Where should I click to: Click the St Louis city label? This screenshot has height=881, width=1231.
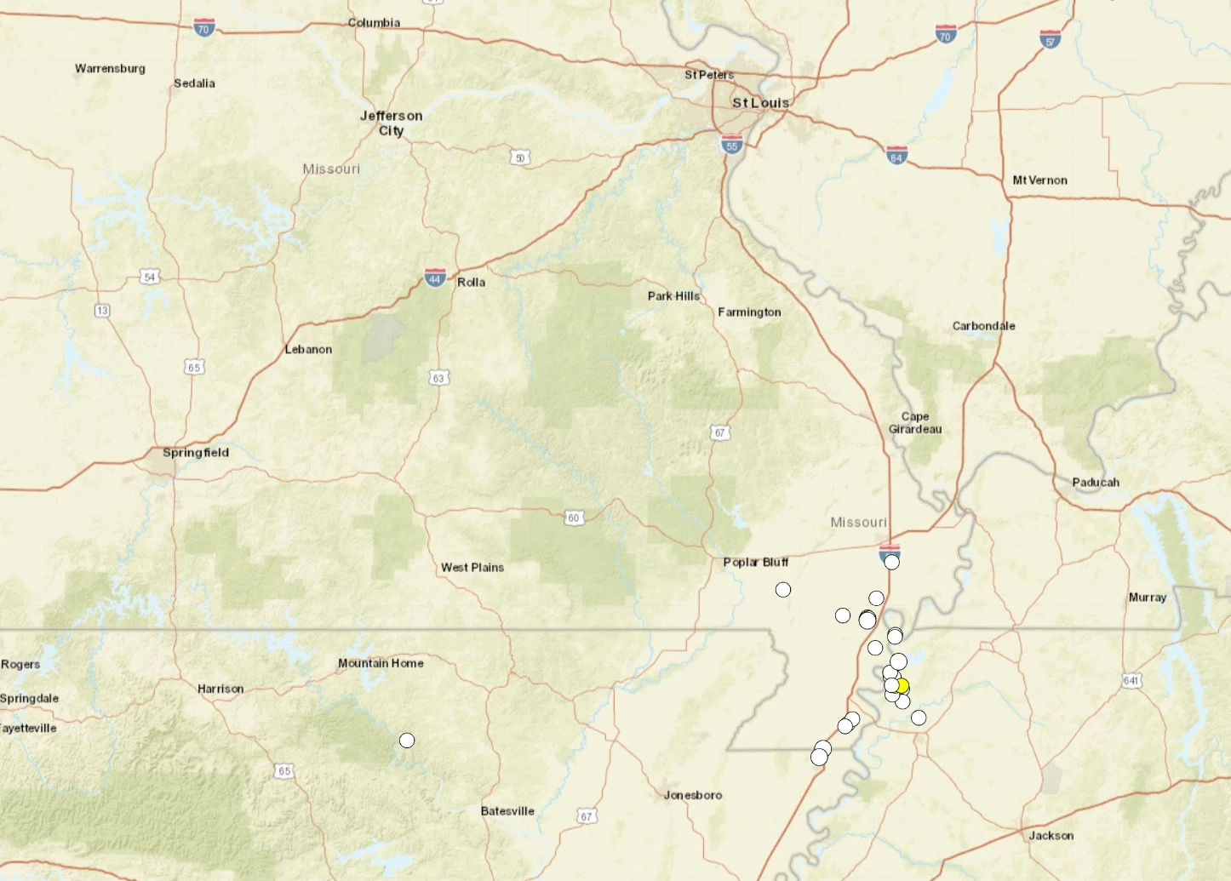(x=760, y=103)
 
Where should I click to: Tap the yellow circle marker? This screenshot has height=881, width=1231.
(x=902, y=686)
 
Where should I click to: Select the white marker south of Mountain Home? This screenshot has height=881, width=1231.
(x=407, y=741)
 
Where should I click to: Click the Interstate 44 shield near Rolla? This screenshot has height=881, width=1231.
(x=435, y=278)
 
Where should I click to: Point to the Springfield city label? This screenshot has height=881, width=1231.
(x=195, y=453)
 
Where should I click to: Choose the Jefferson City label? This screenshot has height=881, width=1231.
(x=391, y=123)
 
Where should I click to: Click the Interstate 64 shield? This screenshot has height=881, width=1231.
(x=896, y=157)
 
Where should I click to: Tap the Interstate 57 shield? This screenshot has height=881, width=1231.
(x=1051, y=39)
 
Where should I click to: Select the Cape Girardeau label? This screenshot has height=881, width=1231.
(x=915, y=423)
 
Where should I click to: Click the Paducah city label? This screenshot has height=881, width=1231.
(x=1096, y=483)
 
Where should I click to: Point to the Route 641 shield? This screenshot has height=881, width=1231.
(x=1131, y=680)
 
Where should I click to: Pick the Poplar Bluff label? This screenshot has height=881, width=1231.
(x=755, y=563)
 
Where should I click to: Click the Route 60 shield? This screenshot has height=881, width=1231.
(x=574, y=518)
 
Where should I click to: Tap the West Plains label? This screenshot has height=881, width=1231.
(x=472, y=568)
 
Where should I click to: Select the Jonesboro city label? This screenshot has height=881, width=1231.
(x=693, y=795)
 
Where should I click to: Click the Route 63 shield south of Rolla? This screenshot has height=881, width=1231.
(x=438, y=378)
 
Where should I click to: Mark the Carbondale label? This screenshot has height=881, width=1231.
(x=983, y=326)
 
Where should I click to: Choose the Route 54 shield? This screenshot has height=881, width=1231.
(x=150, y=277)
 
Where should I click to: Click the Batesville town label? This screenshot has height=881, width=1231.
(x=507, y=811)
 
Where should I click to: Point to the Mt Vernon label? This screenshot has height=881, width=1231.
(x=1039, y=180)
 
